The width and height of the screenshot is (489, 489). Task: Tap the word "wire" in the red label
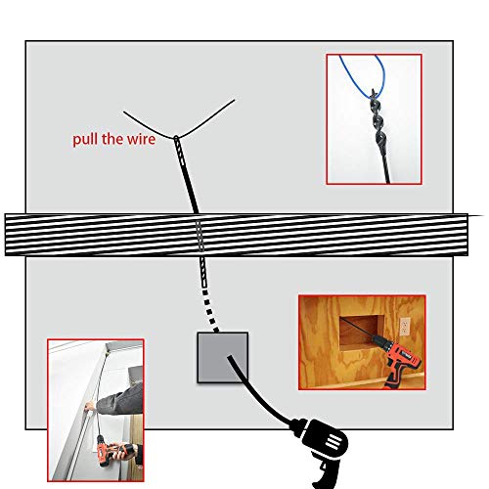pyautogui.click(x=143, y=139)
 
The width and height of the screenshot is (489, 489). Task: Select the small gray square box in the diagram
pyautogui.click(x=223, y=356)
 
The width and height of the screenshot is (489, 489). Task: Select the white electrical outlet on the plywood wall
pyautogui.click(x=404, y=326)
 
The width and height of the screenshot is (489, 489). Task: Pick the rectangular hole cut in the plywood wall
pyautogui.click(x=357, y=332)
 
